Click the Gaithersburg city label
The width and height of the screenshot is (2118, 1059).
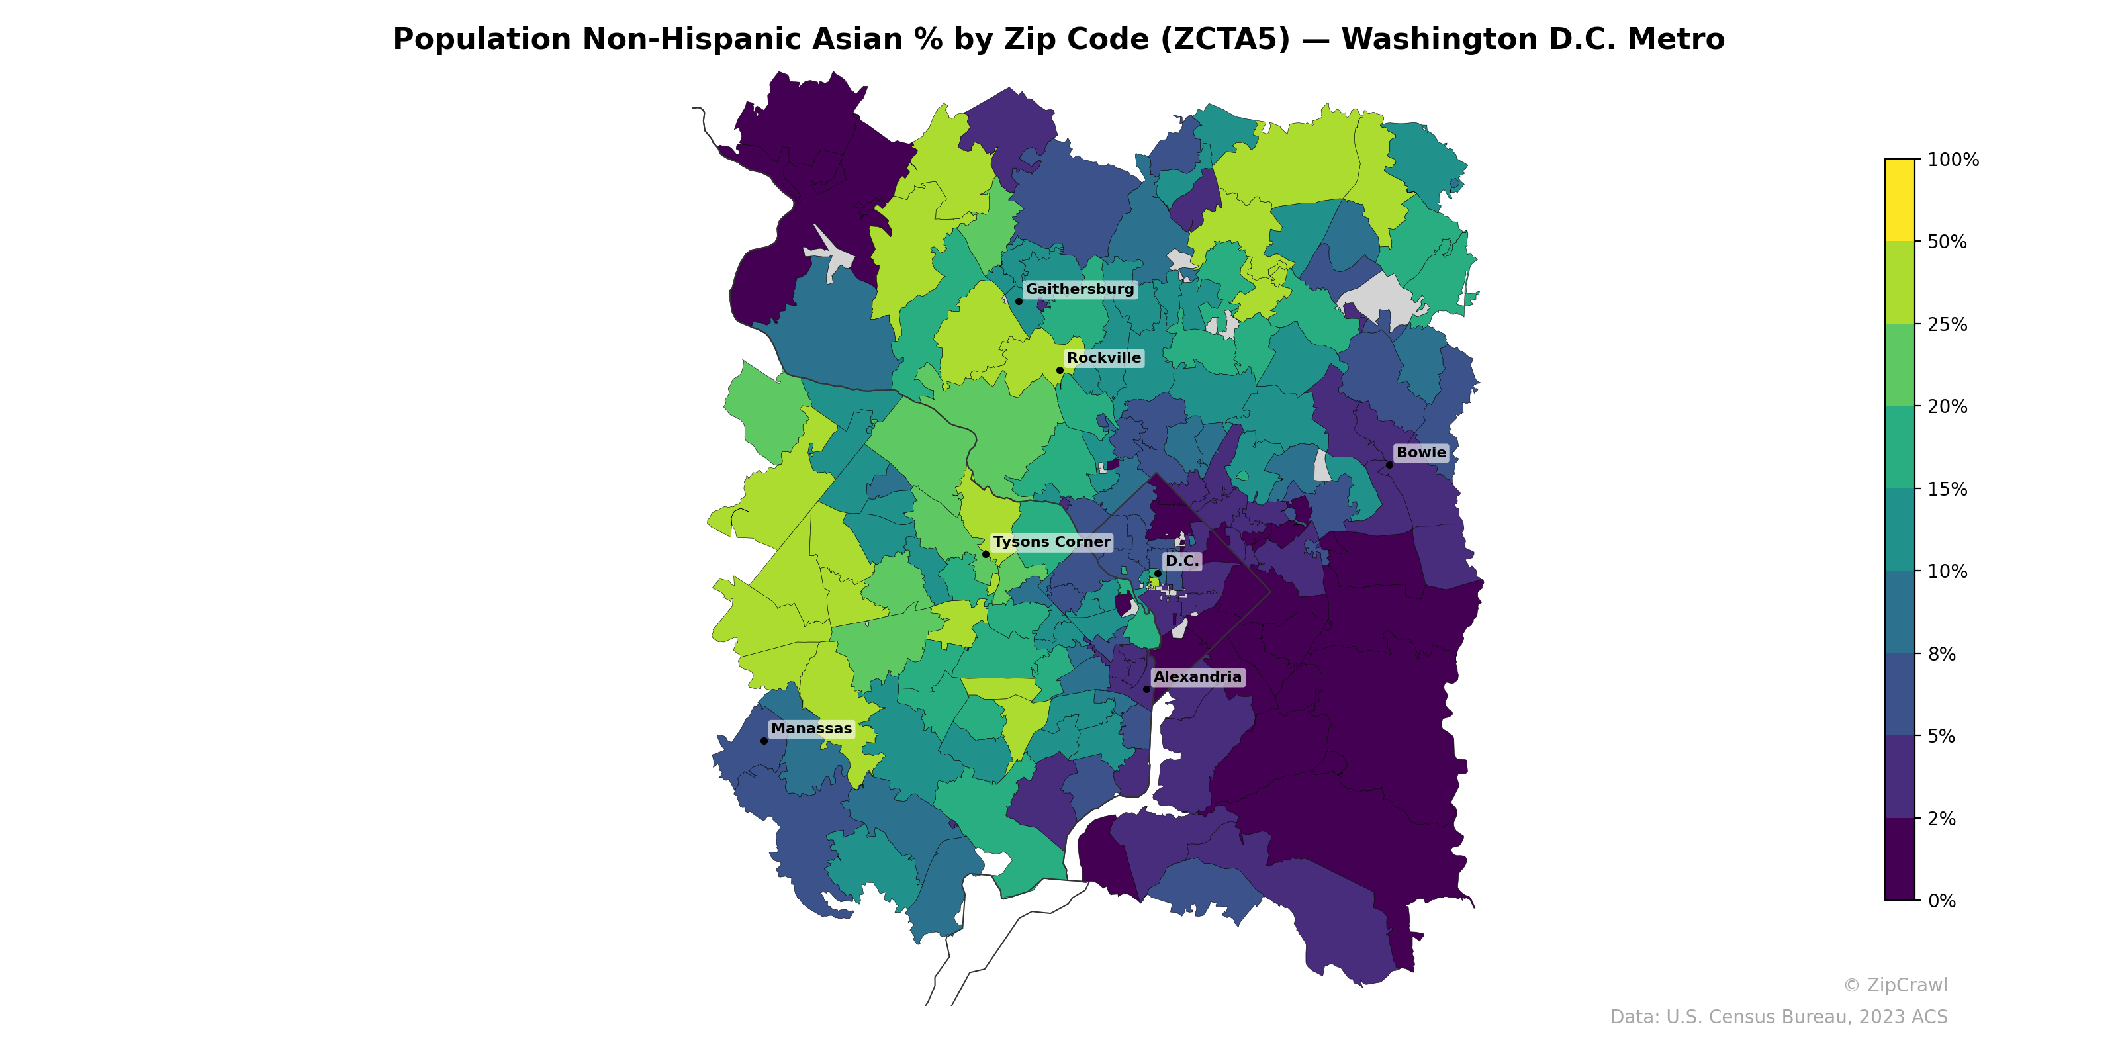point(1080,289)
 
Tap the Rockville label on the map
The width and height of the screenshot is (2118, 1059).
point(1103,359)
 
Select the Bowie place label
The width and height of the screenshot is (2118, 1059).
point(1421,453)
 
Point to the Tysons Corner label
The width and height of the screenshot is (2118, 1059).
point(1051,543)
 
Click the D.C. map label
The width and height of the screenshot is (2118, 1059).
point(1181,561)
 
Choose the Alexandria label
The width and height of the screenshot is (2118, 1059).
point(1197,678)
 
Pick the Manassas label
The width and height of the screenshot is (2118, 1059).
point(811,729)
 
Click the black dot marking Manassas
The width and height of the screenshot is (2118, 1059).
point(764,741)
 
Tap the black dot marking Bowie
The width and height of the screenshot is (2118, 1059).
point(1389,465)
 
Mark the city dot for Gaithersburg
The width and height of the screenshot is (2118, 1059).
point(1019,301)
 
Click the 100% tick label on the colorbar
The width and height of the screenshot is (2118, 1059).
point(1953,160)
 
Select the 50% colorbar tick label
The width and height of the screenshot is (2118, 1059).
point(1947,242)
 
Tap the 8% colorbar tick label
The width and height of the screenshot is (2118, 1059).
point(1941,655)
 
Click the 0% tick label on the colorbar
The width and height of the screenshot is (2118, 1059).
point(1941,901)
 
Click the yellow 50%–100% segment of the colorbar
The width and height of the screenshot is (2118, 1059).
point(1900,200)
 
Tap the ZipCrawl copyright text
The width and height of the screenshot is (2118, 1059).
point(1895,985)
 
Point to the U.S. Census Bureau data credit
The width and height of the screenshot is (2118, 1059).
point(1778,1017)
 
